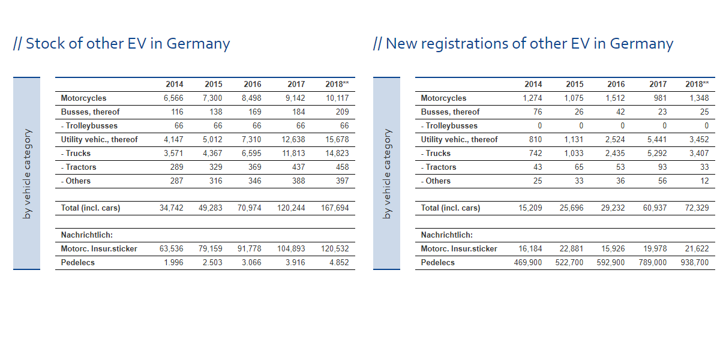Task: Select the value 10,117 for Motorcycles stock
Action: pyautogui.click(x=337, y=98)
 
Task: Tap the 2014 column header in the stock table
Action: pyautogui.click(x=175, y=85)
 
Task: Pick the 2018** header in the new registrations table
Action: pyautogui.click(x=697, y=85)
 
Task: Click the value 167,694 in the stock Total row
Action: pyautogui.click(x=335, y=208)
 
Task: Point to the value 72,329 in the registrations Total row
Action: pyautogui.click(x=697, y=208)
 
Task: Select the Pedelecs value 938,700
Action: pyautogui.click(x=695, y=263)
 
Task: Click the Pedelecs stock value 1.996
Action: pyautogui.click(x=173, y=263)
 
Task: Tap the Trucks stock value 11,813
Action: pyautogui.click(x=293, y=154)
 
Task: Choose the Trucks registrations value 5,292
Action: pyautogui.click(x=655, y=154)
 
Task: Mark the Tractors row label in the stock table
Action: pyautogui.click(x=79, y=167)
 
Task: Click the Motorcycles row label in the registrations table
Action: pyautogui.click(x=443, y=98)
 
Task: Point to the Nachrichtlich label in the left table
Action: pyautogui.click(x=86, y=235)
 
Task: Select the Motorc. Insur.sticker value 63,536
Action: pyautogui.click(x=172, y=249)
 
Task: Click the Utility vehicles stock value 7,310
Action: pyautogui.click(x=252, y=140)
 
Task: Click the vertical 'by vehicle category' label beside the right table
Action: pyautogui.click(x=387, y=173)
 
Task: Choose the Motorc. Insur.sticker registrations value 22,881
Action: pyautogui.click(x=571, y=249)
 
